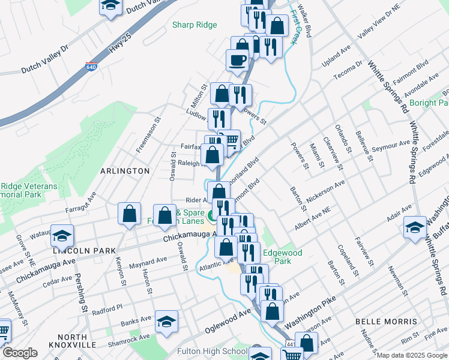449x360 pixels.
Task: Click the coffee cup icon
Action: (237, 59)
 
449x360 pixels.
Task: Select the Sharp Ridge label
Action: (194, 25)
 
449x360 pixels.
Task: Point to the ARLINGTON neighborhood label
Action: (125, 171)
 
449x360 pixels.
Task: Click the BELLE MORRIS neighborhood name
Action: (386, 322)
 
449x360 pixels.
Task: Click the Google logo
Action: (20, 353)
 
